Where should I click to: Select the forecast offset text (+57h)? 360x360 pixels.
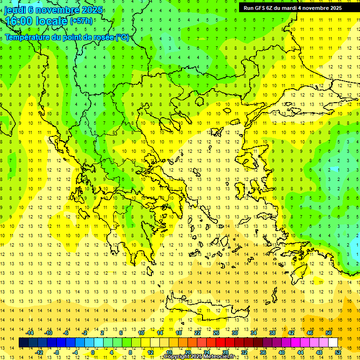pos(81,21)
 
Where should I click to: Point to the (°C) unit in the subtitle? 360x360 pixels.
pos(122,37)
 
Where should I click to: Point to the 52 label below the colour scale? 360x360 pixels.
pos(338,352)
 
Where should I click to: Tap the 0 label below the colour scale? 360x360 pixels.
pos(93,352)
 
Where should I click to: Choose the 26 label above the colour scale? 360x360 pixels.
pos(216,333)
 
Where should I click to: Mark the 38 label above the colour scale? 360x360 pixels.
pos(272,333)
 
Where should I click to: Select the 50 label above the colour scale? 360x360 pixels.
pos(328,333)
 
